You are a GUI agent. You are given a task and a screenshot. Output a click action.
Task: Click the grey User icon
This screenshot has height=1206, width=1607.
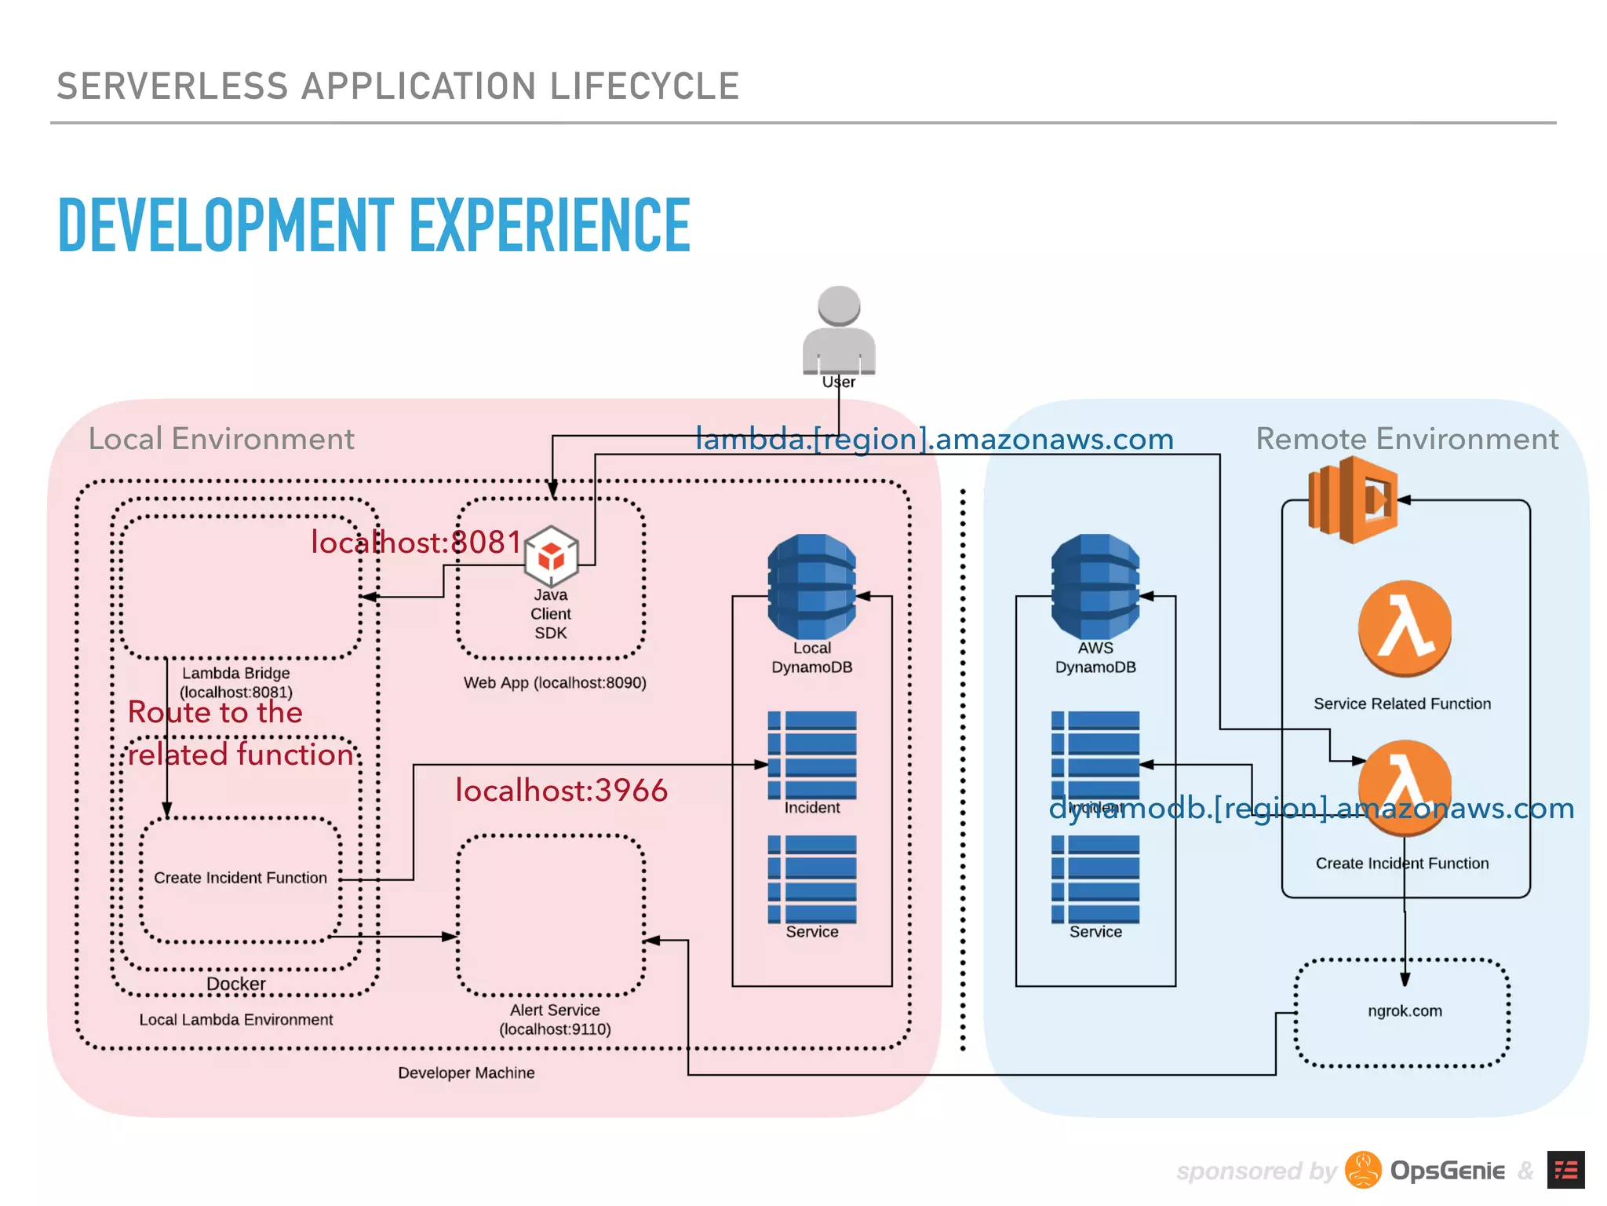(x=839, y=330)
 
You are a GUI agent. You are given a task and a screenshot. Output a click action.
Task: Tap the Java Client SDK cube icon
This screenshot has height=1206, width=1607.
(x=551, y=556)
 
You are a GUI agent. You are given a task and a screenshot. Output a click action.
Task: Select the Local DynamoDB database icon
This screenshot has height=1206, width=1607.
(x=811, y=586)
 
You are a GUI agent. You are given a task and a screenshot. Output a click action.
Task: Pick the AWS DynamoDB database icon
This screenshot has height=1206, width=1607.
(x=1095, y=586)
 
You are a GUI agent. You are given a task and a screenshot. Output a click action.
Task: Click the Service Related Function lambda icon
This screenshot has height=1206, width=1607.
(x=1404, y=628)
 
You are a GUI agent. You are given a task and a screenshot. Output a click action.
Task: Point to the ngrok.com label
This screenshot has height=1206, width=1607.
(x=1405, y=1011)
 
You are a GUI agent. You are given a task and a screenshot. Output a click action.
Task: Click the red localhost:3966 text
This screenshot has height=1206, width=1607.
(x=561, y=791)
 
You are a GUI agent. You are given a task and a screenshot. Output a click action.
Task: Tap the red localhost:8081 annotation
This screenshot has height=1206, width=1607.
(x=416, y=543)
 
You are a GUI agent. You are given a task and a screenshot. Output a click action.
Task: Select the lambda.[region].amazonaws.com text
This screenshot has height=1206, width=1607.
(x=935, y=440)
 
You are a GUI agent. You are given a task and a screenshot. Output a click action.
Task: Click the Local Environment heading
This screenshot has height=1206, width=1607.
(x=221, y=439)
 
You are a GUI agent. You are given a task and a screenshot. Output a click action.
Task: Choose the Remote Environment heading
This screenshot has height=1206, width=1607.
(x=1407, y=439)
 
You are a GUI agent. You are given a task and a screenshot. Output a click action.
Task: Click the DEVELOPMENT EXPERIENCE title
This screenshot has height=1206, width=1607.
(x=374, y=226)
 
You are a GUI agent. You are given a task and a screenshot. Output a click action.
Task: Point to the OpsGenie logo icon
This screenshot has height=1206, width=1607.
(x=1363, y=1171)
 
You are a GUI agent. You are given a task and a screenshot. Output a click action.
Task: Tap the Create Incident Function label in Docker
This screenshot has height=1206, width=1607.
(x=240, y=878)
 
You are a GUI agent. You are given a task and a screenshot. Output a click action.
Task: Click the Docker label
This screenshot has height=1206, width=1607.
(x=235, y=984)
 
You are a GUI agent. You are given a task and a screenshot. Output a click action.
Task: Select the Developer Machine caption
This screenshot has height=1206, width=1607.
(x=466, y=1073)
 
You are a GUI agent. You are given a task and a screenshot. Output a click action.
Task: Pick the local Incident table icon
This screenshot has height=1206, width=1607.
(x=812, y=755)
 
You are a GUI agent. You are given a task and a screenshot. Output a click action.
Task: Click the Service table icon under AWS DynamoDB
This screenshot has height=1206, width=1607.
(x=1095, y=879)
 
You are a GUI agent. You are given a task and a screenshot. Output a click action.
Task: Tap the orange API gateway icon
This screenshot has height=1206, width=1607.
(x=1352, y=500)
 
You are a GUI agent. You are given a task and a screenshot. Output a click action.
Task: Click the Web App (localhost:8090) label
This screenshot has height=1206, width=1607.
(x=555, y=683)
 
